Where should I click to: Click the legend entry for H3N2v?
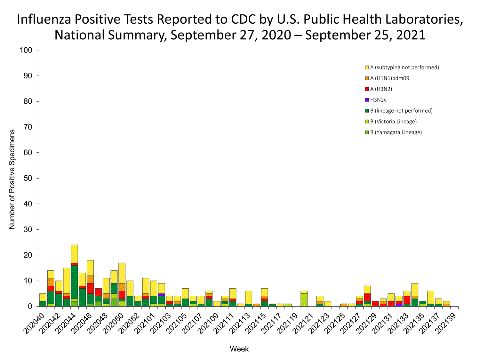(378, 100)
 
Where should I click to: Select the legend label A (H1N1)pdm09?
(389, 78)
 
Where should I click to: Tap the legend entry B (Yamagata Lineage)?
(396, 132)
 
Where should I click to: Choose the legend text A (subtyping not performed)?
(404, 67)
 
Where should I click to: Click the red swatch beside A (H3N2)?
(367, 89)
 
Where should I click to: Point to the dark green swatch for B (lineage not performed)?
(367, 111)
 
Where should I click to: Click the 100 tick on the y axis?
(26, 50)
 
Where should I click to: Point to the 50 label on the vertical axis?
(28, 178)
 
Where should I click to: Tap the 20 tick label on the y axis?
(28, 255)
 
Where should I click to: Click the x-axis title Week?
(239, 349)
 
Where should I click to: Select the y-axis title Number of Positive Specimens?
(12, 179)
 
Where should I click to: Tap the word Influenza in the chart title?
(44, 19)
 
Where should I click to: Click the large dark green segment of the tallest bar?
(75, 282)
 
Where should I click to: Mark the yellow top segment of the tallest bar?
(75, 254)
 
